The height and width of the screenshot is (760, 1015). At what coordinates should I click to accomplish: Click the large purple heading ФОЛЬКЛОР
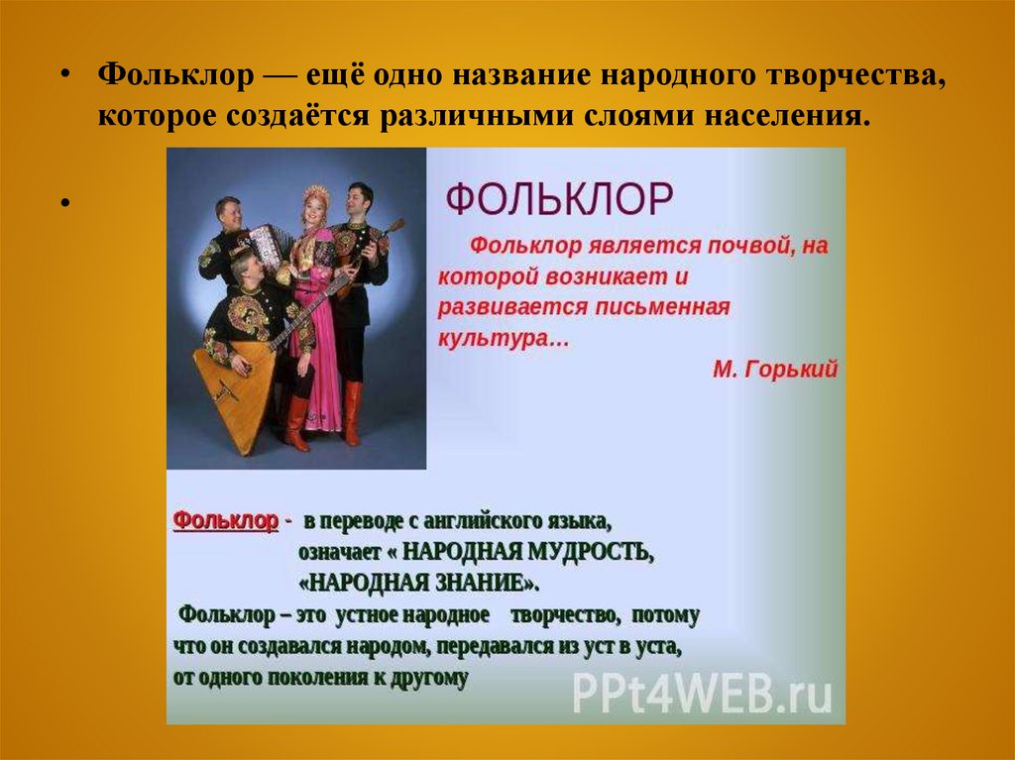pyautogui.click(x=559, y=199)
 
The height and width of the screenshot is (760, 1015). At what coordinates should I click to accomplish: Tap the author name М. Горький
pyautogui.click(x=774, y=370)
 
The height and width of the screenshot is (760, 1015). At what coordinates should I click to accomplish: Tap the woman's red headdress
pyautogui.click(x=316, y=193)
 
